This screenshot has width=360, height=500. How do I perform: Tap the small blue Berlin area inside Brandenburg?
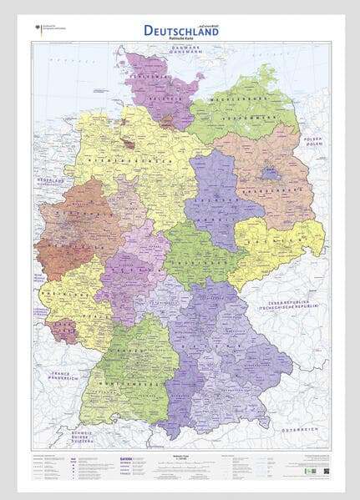[270, 174]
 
